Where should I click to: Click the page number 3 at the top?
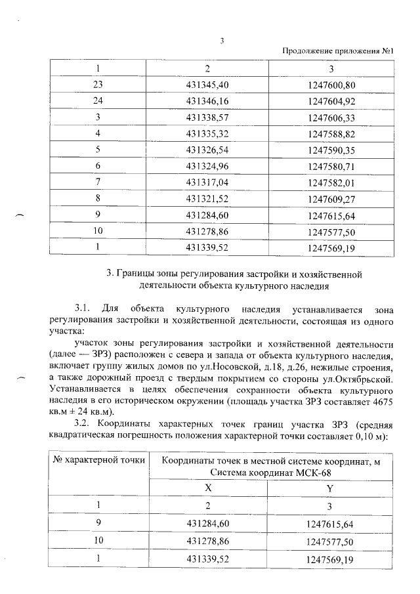click(222, 41)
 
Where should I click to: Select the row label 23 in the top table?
click(99, 85)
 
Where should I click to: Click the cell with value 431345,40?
click(208, 85)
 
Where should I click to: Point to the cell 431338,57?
click(208, 117)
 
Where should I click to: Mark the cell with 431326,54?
click(208, 150)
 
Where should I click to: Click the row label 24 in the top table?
click(99, 101)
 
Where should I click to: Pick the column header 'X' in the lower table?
click(208, 489)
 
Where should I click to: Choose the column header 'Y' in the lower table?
click(330, 489)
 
